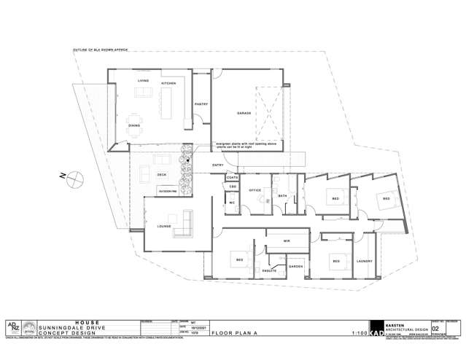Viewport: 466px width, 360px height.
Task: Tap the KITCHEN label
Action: [168, 84]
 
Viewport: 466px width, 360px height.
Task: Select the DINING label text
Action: [134, 125]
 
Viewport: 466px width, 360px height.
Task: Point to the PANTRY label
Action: [201, 104]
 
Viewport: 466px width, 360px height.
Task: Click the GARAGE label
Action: [243, 114]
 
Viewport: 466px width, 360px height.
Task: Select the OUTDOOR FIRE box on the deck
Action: [168, 192]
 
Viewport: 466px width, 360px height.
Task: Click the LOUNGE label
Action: [163, 226]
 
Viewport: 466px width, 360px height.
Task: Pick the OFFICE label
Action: [255, 191]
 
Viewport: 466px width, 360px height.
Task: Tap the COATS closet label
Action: [233, 178]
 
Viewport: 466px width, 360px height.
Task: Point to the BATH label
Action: [281, 196]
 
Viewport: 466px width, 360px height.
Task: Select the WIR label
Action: [287, 240]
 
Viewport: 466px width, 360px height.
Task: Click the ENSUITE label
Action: [278, 270]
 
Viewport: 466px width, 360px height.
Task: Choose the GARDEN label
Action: [295, 267]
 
